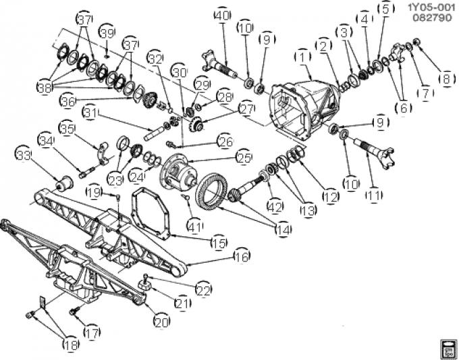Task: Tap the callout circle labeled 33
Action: tap(24, 157)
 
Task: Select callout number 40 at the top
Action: tap(221, 15)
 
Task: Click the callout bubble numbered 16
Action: tap(241, 256)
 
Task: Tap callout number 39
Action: tap(107, 34)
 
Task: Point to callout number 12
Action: tap(331, 197)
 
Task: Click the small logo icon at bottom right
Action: tap(446, 346)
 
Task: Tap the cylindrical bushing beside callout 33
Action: tap(65, 181)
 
